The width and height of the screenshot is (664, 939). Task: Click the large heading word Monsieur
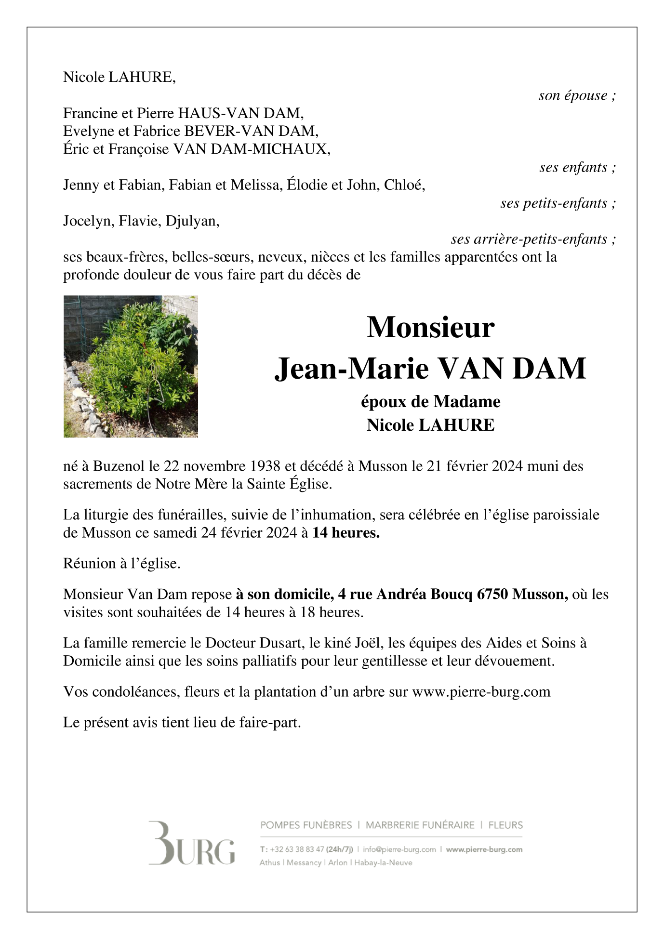tap(430, 328)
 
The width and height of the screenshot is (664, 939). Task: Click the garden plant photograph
tap(131, 366)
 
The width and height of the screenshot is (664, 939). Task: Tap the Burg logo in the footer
tap(191, 843)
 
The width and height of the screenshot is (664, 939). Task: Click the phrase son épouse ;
tap(577, 95)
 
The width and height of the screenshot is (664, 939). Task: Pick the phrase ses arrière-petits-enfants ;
tap(533, 239)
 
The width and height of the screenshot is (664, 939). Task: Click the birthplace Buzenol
tap(119, 466)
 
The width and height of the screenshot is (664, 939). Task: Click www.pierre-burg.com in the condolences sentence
tap(481, 691)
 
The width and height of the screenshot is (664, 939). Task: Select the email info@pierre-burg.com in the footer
tap(399, 849)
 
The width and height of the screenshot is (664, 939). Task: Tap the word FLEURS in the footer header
tap(505, 825)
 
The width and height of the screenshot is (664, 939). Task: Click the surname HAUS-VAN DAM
tap(240, 113)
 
